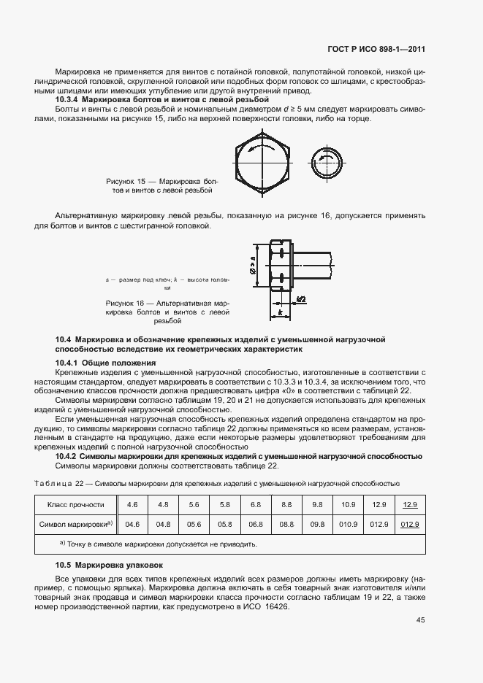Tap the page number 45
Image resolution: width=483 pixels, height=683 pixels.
coord(420,620)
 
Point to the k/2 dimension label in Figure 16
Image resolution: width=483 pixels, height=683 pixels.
coord(300,299)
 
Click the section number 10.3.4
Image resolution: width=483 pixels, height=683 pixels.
coord(67,99)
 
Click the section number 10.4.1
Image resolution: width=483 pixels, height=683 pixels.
coord(67,363)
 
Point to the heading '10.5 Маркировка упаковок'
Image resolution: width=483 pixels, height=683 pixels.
coord(110,566)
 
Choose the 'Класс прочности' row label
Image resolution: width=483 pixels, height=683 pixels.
coord(76,504)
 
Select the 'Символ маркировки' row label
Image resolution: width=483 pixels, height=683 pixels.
coord(78,524)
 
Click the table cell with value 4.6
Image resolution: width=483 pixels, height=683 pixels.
coord(132,504)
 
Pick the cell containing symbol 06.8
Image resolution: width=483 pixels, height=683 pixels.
coord(256,524)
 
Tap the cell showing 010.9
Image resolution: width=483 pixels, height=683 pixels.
coord(348,524)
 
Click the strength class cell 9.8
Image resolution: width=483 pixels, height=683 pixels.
coord(317,504)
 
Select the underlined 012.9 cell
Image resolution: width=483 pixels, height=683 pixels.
coord(410,524)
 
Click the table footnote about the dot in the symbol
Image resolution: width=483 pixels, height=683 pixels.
coord(157,544)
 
